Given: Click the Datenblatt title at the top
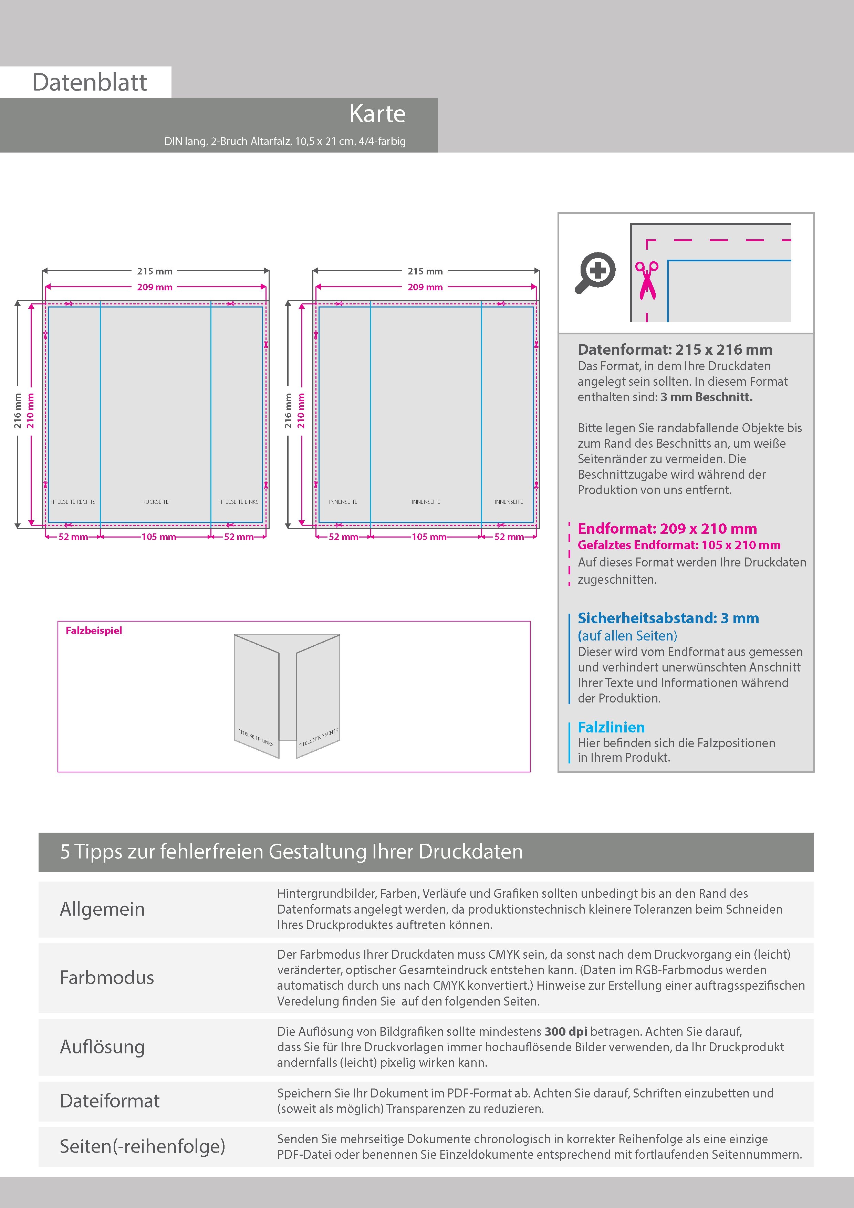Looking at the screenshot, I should coord(90,82).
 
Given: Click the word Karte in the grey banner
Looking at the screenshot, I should coord(377,114).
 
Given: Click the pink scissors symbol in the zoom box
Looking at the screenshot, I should coord(647,280).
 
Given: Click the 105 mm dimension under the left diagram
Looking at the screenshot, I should coord(158,537).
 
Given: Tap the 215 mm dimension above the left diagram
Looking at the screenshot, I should coord(155,271).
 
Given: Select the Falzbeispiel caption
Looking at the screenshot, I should coord(94,630).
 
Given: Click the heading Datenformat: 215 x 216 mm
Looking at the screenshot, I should coord(675,350).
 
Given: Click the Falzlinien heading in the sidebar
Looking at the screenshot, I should coord(611,727).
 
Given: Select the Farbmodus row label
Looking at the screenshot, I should coord(107,978).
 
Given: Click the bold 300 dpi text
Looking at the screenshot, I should coord(566,1031).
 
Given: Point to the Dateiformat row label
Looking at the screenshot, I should coord(110,1101).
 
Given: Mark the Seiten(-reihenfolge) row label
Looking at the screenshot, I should coord(142,1146).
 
